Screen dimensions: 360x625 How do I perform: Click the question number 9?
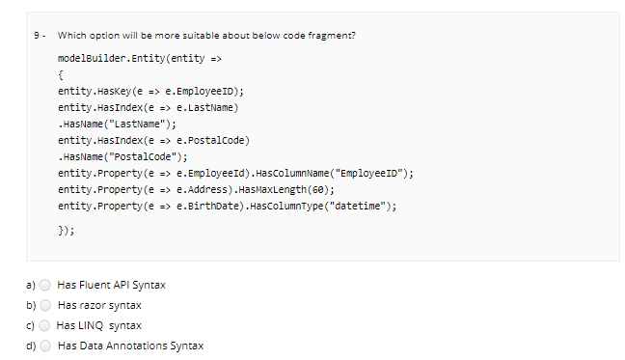(x=36, y=36)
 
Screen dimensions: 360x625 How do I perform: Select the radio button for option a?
(x=45, y=285)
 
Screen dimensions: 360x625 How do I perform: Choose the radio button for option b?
(x=45, y=305)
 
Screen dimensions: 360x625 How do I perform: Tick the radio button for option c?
(x=45, y=325)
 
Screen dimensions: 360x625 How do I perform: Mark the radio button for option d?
(x=45, y=345)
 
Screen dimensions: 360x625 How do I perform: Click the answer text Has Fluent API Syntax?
(x=117, y=285)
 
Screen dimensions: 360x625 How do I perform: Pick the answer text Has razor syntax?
(x=99, y=305)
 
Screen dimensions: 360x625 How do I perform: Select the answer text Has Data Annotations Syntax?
(x=130, y=345)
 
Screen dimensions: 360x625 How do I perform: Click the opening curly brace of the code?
(x=61, y=74)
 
